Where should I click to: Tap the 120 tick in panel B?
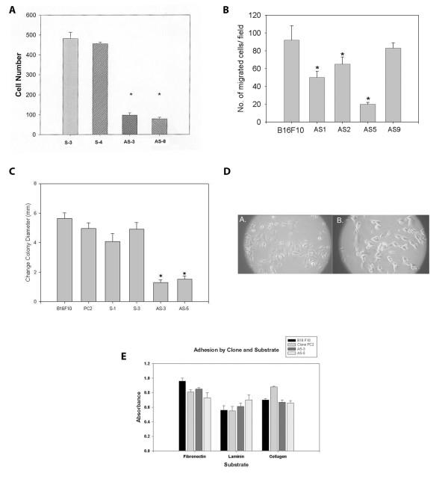[262, 16]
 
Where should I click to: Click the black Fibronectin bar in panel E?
[182, 416]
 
